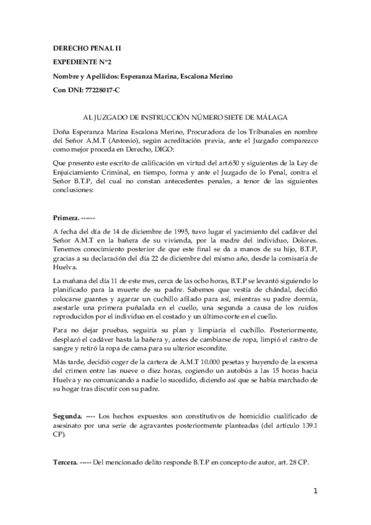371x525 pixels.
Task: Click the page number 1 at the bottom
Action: [315, 492]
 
